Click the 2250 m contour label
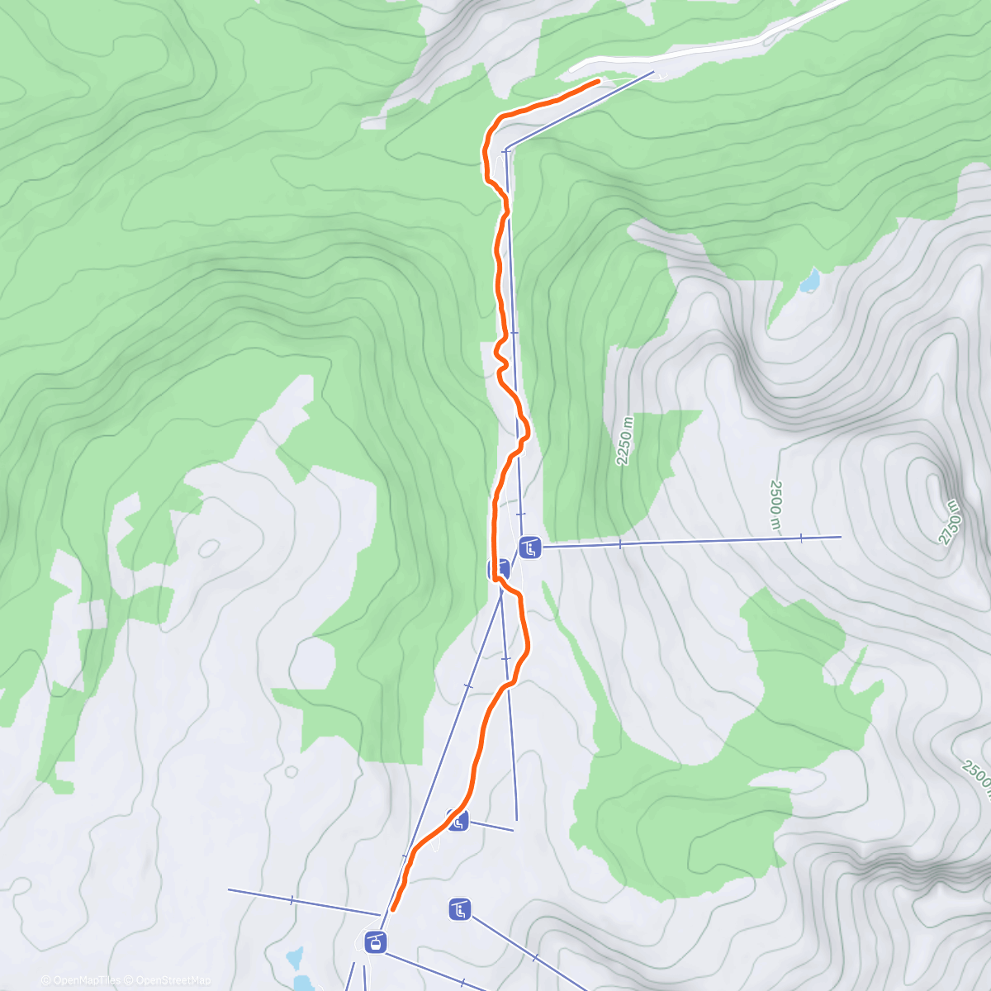click(x=625, y=441)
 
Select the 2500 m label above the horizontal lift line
click(x=775, y=505)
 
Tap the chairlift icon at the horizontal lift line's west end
click(x=529, y=547)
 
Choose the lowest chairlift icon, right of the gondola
click(x=460, y=910)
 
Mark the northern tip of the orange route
click(x=598, y=81)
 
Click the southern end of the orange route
click(x=392, y=910)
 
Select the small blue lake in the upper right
click(x=809, y=282)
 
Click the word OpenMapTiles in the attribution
click(x=87, y=980)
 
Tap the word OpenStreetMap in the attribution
click(x=173, y=980)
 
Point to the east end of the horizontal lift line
click(x=841, y=537)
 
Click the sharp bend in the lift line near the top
click(x=506, y=149)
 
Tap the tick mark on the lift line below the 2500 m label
click(x=801, y=538)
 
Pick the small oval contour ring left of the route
click(x=209, y=547)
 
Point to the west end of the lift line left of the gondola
click(x=229, y=889)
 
